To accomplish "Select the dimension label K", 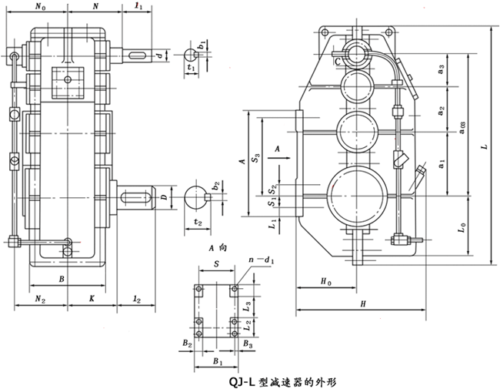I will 92,296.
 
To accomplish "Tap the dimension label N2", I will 40,296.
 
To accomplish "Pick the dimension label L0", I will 460,228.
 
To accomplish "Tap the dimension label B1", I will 218,360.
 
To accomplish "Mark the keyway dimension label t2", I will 198,223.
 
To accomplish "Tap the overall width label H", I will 361,305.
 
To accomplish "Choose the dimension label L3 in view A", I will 246,305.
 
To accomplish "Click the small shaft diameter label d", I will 158,55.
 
